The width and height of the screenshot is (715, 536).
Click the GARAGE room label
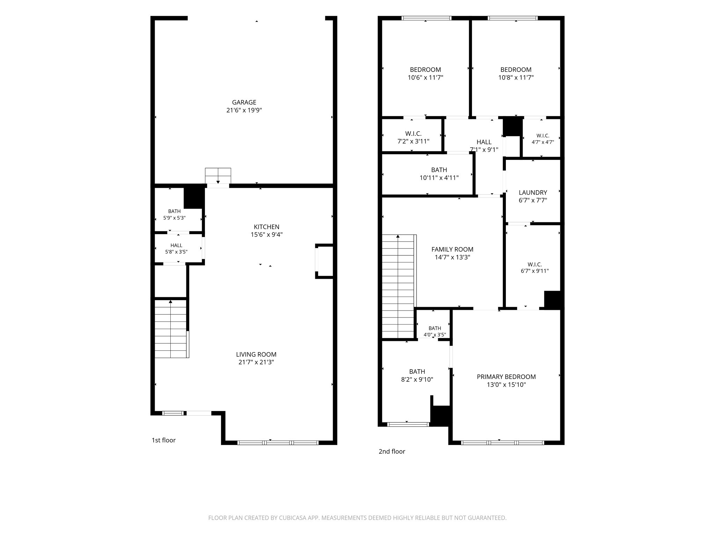click(x=244, y=102)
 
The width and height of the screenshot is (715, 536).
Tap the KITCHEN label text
click(x=266, y=227)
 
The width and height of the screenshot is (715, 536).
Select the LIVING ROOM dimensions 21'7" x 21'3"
click(x=256, y=362)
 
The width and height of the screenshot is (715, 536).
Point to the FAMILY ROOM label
click(x=452, y=250)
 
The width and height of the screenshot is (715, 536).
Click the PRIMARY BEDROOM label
click(x=506, y=377)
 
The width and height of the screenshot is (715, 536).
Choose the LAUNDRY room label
click(x=533, y=193)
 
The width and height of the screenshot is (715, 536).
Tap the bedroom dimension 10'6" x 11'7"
click(x=425, y=77)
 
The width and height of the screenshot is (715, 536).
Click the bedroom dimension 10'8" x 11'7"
click(x=516, y=77)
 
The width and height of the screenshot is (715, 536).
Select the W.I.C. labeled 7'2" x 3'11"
click(x=413, y=137)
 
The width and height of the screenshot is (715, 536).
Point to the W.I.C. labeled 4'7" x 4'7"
click(x=543, y=139)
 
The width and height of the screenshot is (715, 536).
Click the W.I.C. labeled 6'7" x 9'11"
click(x=535, y=268)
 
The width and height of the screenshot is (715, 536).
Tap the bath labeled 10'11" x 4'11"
click(x=439, y=174)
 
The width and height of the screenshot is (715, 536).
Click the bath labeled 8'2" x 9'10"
click(x=417, y=375)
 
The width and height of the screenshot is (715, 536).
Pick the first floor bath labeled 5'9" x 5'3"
click(x=174, y=214)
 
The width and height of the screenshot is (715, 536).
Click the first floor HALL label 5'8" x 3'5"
click(x=176, y=248)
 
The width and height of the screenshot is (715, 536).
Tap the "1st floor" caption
click(x=163, y=440)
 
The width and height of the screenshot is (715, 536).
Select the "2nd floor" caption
click(x=392, y=452)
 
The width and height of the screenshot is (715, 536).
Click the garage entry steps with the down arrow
click(x=218, y=176)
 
